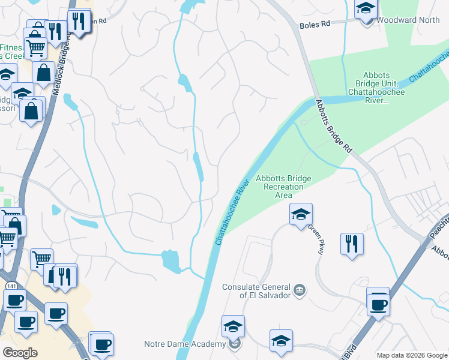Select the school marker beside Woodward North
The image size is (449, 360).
point(365,11)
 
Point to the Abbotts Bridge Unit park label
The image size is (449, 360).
point(376,88)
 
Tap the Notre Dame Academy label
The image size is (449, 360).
point(184,344)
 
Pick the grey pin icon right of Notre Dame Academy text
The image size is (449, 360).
point(235,344)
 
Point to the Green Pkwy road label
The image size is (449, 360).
point(316,239)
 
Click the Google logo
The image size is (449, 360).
point(19,353)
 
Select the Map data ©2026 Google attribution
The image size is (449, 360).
point(411,355)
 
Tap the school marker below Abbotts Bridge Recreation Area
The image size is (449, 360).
point(301,214)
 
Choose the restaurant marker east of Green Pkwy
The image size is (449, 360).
point(351,244)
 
